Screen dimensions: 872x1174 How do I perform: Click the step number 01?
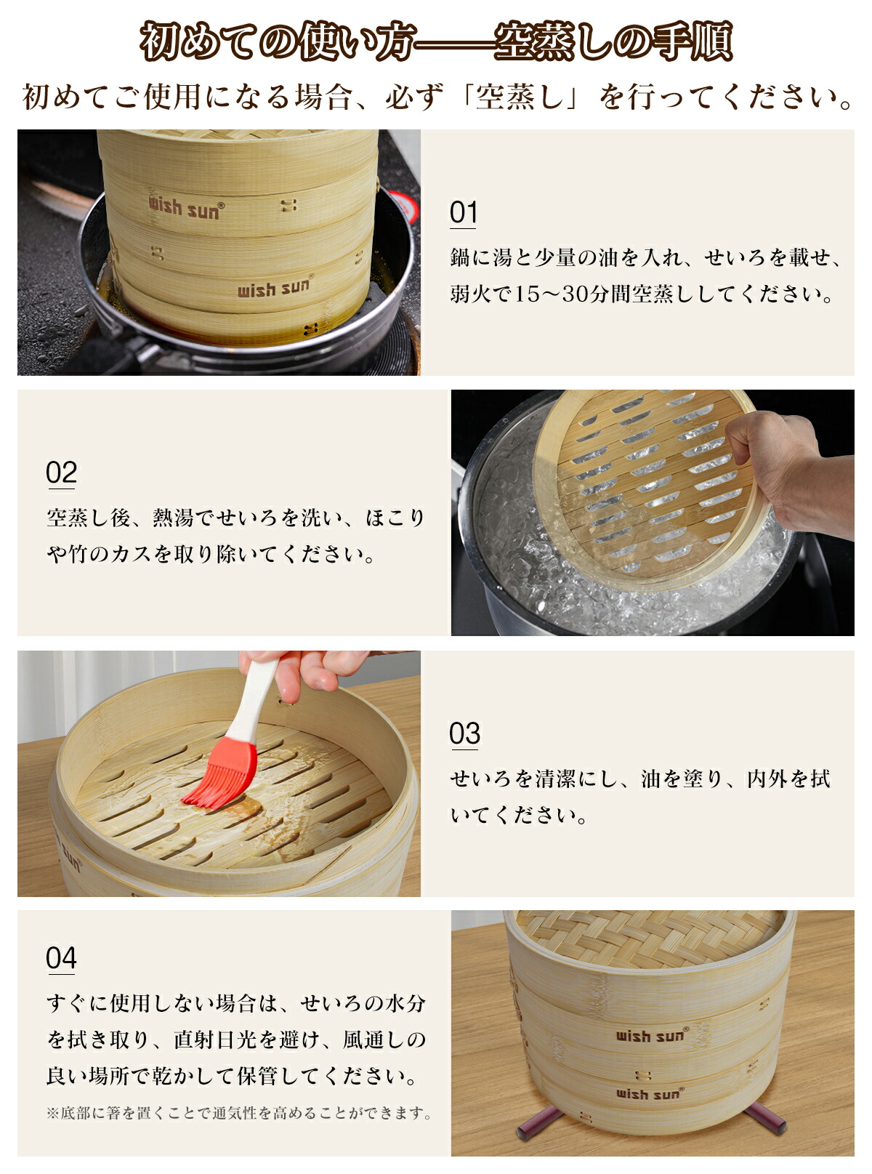pos(463,212)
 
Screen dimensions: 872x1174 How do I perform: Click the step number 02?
pos(61,472)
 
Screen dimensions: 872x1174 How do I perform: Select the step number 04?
pos(61,957)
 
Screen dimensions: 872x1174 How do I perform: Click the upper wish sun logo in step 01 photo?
pos(186,207)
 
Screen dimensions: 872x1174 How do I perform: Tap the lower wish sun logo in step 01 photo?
pos(275,286)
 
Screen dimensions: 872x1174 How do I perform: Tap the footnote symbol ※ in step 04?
pos(52,1113)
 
